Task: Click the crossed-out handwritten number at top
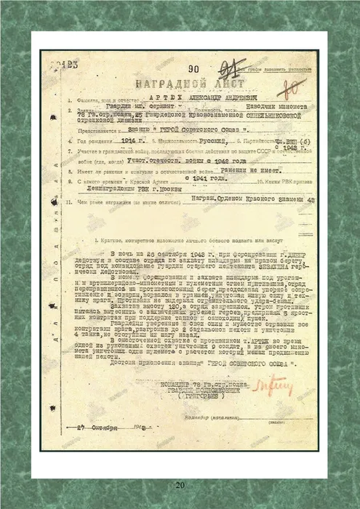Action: tap(212, 69)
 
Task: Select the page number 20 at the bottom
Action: tap(180, 485)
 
